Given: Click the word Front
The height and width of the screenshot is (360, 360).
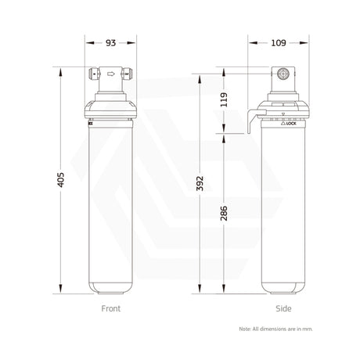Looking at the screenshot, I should (x=112, y=308).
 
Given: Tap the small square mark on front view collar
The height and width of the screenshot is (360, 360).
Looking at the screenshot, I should (x=91, y=121).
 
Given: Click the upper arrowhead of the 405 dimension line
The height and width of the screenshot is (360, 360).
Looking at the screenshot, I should (x=59, y=68).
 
